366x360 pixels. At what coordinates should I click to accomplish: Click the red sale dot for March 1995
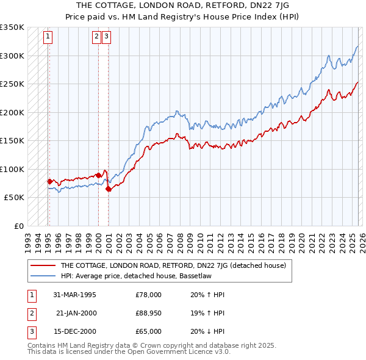click(49, 181)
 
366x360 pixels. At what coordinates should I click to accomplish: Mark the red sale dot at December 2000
click(108, 189)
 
